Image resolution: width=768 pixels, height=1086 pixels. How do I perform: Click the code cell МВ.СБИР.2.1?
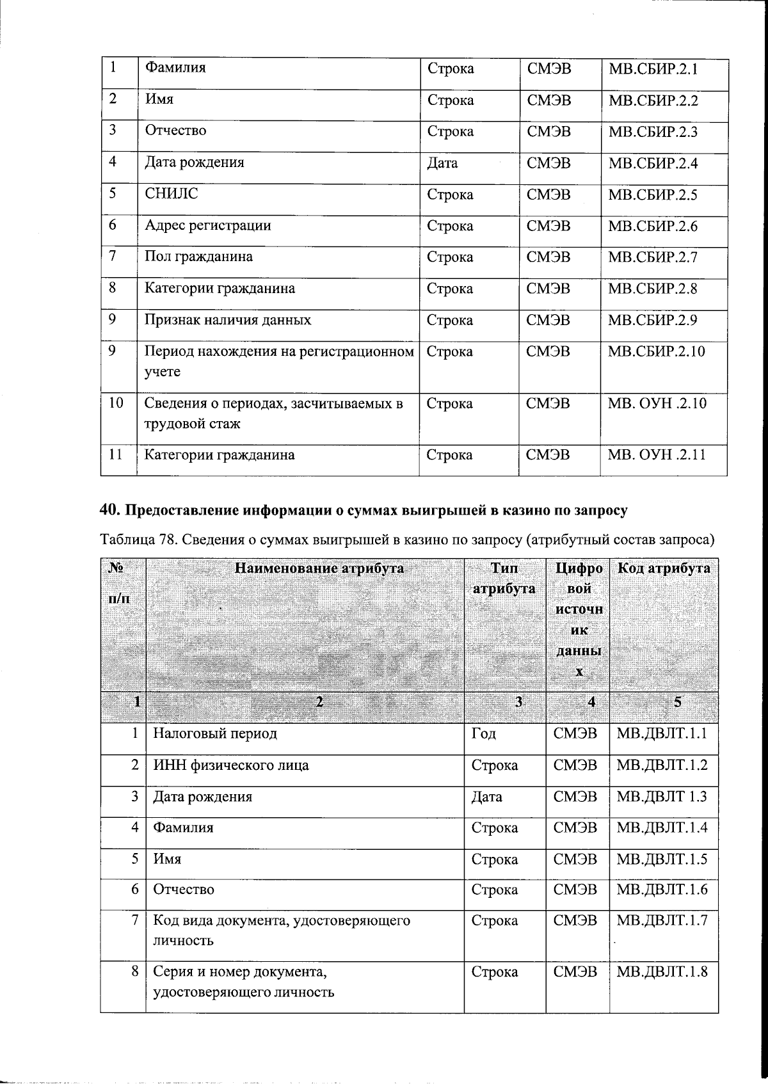652,68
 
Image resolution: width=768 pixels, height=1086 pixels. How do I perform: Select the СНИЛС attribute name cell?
172,194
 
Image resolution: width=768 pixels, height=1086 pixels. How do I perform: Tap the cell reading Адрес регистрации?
207,225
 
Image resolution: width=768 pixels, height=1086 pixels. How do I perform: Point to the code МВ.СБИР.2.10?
657,351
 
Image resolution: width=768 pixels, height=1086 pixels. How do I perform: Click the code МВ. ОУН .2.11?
657,455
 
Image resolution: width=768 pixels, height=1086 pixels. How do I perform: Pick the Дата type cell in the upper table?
442,163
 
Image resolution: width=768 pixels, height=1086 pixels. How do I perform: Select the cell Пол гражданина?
198,257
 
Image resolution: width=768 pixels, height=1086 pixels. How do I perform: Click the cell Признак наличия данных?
227,320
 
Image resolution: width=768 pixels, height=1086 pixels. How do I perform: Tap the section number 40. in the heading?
110,510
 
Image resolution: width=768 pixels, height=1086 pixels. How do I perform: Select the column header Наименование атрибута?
319,568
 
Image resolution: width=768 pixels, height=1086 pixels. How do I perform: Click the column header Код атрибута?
662,568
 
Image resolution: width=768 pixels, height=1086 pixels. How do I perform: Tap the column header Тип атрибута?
504,578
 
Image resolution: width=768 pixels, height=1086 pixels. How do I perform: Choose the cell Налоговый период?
214,733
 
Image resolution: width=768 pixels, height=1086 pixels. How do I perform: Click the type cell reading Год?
483,733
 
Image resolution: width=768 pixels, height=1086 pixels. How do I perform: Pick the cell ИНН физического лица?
230,765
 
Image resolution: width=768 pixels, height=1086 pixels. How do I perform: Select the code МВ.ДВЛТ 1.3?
662,797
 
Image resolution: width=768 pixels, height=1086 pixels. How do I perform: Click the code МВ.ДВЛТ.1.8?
662,971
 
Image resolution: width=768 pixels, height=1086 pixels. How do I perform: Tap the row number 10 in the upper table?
116,403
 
